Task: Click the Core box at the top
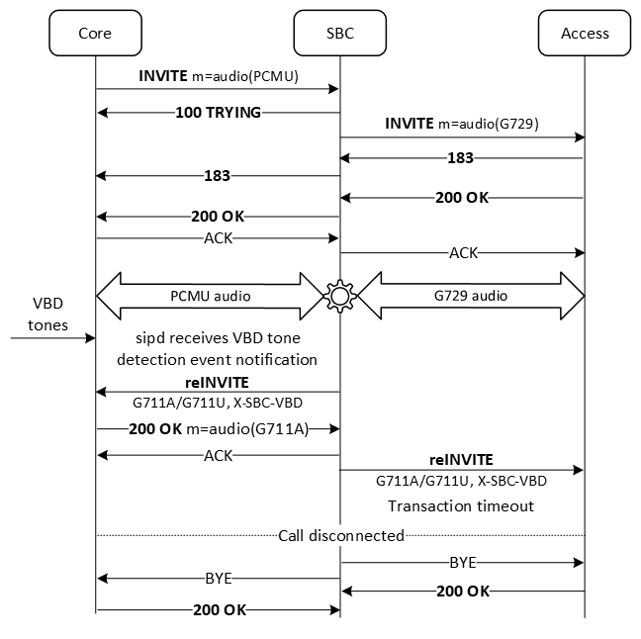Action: [x=95, y=33]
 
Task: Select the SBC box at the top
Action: [x=339, y=33]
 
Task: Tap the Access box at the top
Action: [x=585, y=33]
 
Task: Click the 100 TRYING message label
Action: [x=218, y=113]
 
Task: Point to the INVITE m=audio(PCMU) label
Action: [x=218, y=76]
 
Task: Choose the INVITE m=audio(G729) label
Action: [x=462, y=125]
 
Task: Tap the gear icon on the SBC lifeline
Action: [x=340, y=296]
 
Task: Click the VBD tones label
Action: [x=46, y=311]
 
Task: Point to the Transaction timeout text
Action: [x=462, y=505]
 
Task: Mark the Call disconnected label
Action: [x=340, y=535]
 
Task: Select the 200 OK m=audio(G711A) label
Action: [x=218, y=429]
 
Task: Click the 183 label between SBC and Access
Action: [x=460, y=158]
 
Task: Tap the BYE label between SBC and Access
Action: [x=462, y=562]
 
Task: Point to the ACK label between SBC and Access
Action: [x=462, y=253]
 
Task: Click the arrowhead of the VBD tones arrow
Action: [x=90, y=338]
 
